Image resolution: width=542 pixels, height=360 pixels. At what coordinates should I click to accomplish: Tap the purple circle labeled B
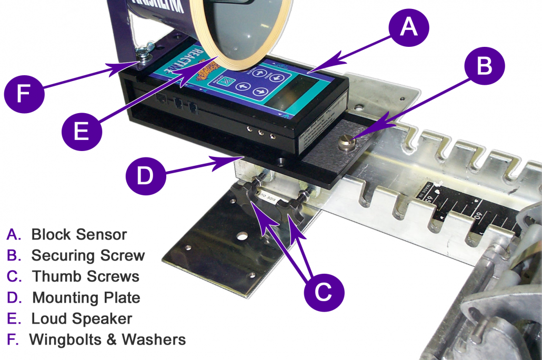coord(485,66)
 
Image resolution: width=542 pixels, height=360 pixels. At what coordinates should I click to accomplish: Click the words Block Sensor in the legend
coord(79,234)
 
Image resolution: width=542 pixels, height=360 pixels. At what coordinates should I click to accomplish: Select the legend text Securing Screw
coord(88,255)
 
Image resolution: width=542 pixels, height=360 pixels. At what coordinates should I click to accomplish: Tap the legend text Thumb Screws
coord(86,276)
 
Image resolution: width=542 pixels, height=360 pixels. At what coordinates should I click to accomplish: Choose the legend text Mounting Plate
coord(86,297)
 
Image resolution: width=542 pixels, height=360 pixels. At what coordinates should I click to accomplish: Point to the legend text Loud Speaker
coord(82,318)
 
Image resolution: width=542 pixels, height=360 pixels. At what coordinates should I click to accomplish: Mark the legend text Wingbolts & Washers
coord(107,339)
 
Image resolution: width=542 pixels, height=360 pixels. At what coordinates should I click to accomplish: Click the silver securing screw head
coord(348,142)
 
